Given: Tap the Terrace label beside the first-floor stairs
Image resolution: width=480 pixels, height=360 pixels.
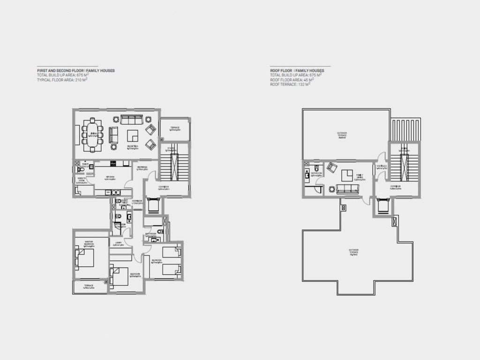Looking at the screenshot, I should tap(174, 128).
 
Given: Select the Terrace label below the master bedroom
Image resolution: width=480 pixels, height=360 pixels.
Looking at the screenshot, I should tap(89, 286).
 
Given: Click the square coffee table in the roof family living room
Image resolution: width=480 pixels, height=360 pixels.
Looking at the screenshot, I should tap(347, 175).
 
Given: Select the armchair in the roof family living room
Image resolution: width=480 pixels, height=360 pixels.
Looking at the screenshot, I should tap(331, 167).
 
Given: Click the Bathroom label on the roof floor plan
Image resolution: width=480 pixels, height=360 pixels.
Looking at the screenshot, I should tap(316, 174).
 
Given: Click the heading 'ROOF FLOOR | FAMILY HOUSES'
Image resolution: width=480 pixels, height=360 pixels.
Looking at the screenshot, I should tap(297, 71).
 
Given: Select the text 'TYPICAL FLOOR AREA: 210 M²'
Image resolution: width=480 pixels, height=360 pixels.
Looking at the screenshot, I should tap(63, 80).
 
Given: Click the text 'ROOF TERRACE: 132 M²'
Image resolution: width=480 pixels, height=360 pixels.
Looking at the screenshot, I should tap(291, 85).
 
